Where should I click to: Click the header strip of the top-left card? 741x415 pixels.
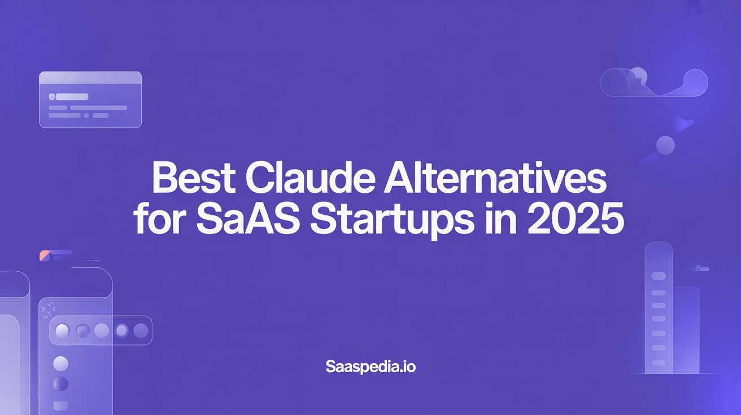click(x=90, y=78)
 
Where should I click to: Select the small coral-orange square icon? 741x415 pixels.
click(x=44, y=256)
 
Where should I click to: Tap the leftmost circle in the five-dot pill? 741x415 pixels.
click(x=63, y=330)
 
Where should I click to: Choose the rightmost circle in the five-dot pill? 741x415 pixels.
click(x=139, y=330)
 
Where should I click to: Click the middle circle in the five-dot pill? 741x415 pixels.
click(x=102, y=330)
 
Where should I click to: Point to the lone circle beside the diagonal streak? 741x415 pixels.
click(x=666, y=145)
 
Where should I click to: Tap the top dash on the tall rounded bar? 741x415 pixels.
click(x=659, y=276)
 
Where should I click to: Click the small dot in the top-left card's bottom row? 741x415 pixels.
click(x=86, y=115)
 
